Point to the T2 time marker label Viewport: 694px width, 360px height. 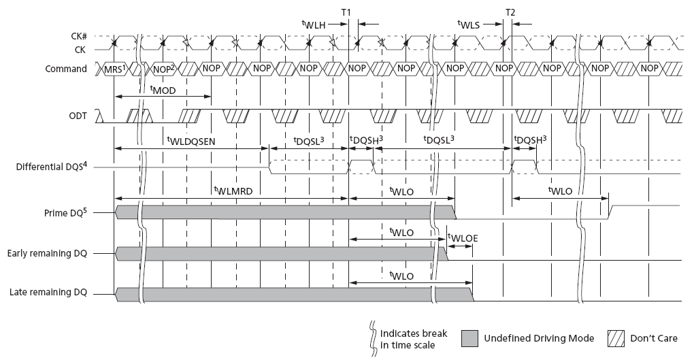510,13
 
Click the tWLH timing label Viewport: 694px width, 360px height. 314,24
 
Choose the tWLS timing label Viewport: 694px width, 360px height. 469,24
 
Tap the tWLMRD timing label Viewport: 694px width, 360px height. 233,191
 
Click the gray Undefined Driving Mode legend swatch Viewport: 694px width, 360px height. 471,339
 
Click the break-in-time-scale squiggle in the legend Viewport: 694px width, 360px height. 372,338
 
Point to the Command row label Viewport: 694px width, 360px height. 66,69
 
